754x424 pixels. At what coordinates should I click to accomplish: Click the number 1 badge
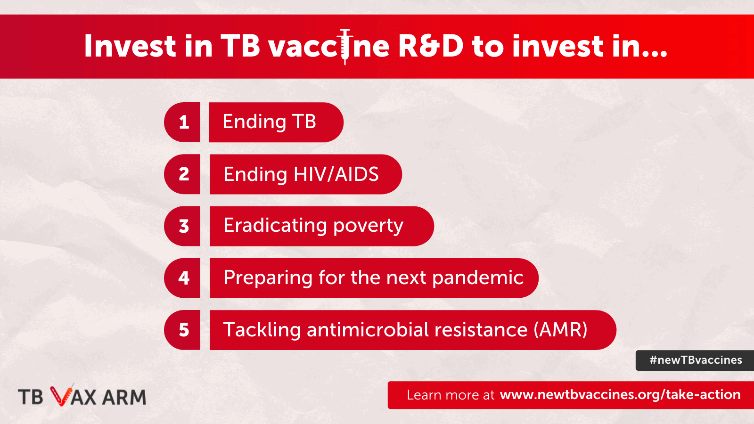click(182, 122)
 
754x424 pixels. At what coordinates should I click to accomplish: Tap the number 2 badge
click(182, 174)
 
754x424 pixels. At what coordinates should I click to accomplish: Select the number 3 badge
click(182, 226)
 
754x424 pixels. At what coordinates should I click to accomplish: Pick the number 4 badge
click(182, 278)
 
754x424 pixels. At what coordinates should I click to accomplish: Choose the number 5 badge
click(182, 330)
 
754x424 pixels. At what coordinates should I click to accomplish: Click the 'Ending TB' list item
click(276, 122)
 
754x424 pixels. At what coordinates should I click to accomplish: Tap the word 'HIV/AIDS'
click(336, 174)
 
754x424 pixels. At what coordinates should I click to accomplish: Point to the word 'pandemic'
click(478, 278)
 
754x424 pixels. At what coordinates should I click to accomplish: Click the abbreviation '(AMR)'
click(560, 330)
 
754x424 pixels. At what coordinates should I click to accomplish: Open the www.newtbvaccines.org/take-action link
click(620, 395)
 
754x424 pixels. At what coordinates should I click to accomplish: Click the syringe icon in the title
click(344, 47)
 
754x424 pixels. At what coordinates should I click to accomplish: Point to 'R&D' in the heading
click(431, 46)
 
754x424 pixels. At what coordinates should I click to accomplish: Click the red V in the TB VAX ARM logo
click(61, 395)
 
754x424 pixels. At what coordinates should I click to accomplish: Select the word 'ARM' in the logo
click(124, 397)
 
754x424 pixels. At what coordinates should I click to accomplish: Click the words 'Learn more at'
click(451, 395)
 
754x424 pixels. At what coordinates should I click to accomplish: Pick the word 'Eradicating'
click(275, 226)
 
